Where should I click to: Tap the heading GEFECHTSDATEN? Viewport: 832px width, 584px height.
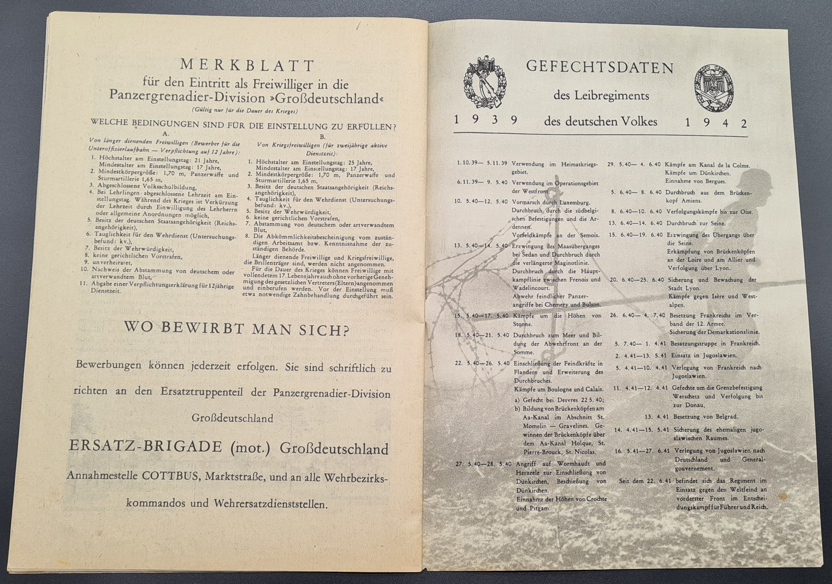(600, 67)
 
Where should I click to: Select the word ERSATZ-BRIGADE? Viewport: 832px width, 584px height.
(145, 447)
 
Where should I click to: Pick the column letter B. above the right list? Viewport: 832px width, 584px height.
(322, 137)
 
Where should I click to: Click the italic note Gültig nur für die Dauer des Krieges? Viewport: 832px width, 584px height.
(245, 111)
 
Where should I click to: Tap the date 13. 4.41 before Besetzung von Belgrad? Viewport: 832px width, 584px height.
(655, 417)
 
